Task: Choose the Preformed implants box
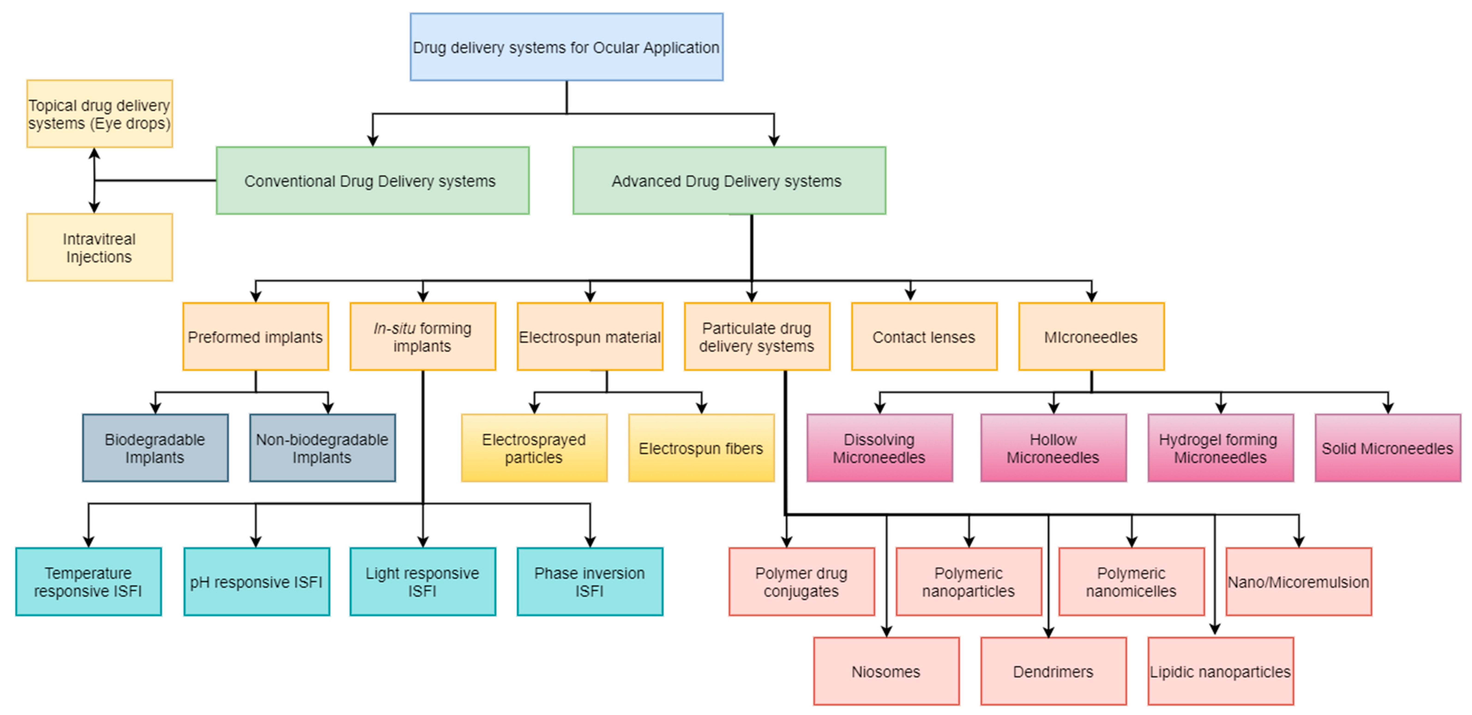tap(256, 337)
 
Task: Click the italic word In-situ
tap(394, 328)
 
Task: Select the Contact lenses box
tap(923, 337)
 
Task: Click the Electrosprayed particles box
tap(534, 448)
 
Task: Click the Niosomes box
tap(886, 672)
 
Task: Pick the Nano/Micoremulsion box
tap(1298, 582)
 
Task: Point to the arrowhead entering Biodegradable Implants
tap(155, 407)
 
